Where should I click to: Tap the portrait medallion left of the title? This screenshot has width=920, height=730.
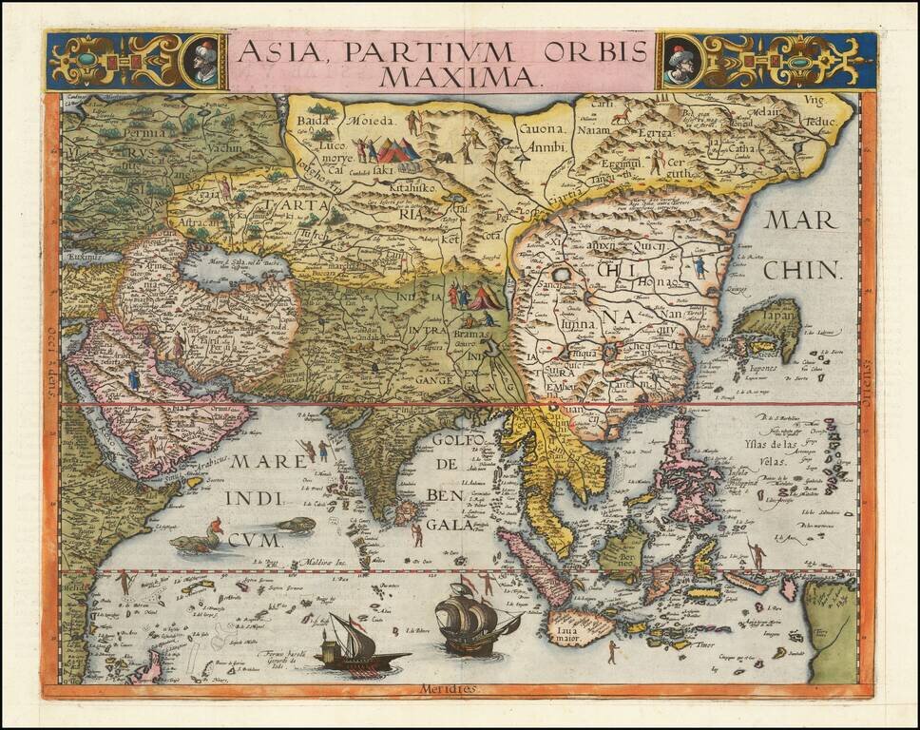(206, 61)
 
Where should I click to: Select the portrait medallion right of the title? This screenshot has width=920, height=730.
(677, 61)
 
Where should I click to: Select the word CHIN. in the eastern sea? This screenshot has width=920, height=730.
(804, 270)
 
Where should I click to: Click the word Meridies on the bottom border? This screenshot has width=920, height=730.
(454, 689)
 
